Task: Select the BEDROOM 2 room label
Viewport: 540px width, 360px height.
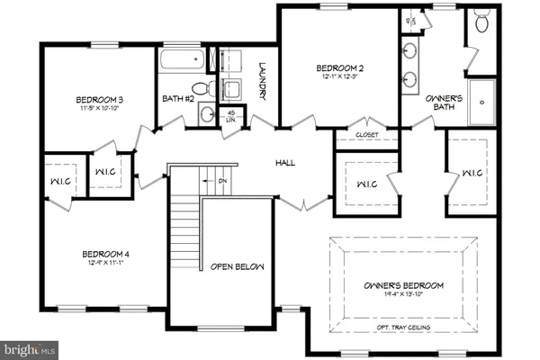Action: pyautogui.click(x=339, y=67)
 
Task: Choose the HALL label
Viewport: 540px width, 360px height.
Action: pyautogui.click(x=286, y=163)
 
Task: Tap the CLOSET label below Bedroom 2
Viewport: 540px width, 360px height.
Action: pyautogui.click(x=366, y=134)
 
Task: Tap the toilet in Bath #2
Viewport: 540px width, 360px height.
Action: pyautogui.click(x=204, y=89)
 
